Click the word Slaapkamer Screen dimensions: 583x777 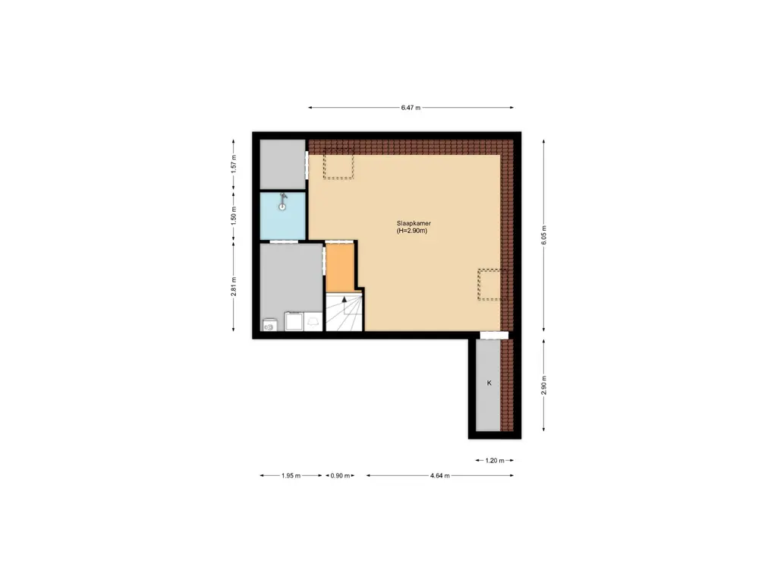tap(414, 224)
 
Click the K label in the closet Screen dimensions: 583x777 tap(489, 383)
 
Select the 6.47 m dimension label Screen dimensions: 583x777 tap(411, 108)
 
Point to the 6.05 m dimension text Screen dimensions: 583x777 tap(544, 235)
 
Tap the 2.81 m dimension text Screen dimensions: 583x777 tap(234, 286)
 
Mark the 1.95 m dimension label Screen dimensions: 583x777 tap(291, 476)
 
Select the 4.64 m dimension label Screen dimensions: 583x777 tap(439, 476)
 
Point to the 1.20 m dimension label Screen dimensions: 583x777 tap(495, 460)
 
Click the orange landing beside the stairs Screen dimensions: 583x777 tap(341, 266)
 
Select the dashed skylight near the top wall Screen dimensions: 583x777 tap(340, 166)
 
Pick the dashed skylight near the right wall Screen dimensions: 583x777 tap(489, 285)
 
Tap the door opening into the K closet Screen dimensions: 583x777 tap(494, 336)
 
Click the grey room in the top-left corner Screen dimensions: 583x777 tap(282, 164)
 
